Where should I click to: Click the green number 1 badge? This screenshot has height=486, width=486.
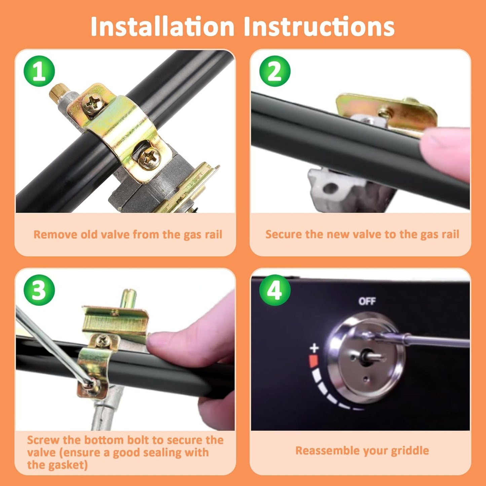39,71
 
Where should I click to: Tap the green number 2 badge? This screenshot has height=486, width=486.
275,71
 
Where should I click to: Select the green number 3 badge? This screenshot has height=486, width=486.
39,290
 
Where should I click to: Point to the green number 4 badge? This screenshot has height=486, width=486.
275,290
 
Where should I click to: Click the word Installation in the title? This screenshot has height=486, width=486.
162,27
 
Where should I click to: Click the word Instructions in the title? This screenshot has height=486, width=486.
319,27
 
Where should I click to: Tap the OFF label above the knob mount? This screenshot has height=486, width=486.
367,301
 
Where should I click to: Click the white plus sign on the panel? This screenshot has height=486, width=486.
314,348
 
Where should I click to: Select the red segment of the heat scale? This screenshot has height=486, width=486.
313,361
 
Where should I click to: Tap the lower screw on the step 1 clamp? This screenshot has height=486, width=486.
150,158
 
